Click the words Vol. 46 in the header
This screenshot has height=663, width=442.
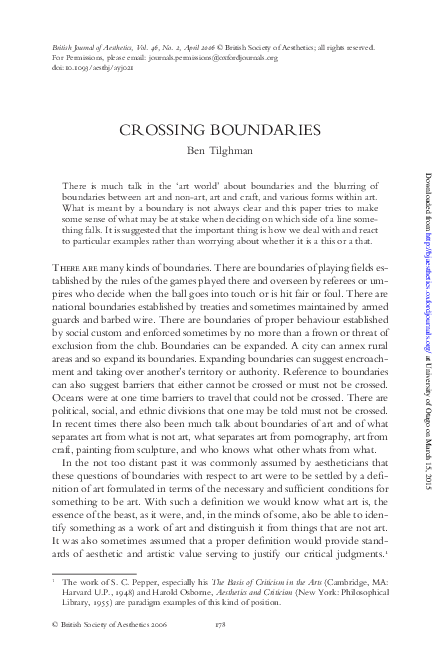[x=165, y=47]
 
